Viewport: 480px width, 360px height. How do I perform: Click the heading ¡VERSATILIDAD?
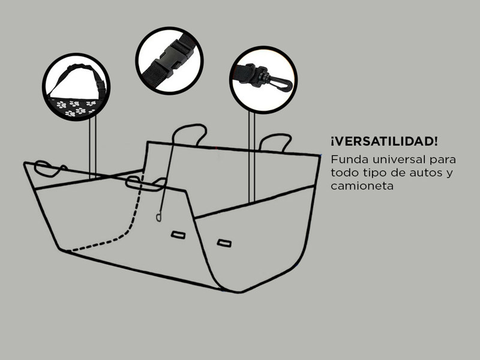[x=384, y=142]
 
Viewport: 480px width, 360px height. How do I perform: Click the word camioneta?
[x=362, y=186]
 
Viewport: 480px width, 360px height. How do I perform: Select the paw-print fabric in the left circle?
[x=73, y=108]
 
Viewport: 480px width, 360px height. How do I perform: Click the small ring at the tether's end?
[x=158, y=218]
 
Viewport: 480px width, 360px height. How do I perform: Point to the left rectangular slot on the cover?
[x=178, y=235]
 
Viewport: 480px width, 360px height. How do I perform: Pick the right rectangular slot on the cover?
[x=224, y=243]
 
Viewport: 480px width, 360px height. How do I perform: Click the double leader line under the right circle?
[x=251, y=157]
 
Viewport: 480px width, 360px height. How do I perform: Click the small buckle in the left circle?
[x=100, y=86]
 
